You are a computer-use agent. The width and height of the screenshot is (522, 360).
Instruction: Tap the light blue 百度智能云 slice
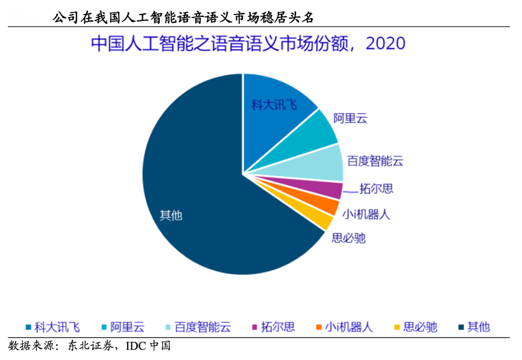point(319,163)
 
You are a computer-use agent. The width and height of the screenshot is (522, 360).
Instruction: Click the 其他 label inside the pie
point(171,215)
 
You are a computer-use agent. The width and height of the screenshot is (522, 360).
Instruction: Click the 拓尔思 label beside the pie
point(376,189)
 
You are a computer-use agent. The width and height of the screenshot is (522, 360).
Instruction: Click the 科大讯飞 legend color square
point(28,327)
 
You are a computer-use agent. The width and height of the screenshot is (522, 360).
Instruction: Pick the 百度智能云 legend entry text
point(203,327)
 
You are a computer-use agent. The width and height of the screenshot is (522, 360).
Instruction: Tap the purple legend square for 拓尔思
point(254,327)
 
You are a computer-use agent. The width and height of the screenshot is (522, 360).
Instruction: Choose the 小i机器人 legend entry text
point(348,327)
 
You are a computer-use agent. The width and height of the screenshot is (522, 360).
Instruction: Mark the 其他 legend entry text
point(479,327)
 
